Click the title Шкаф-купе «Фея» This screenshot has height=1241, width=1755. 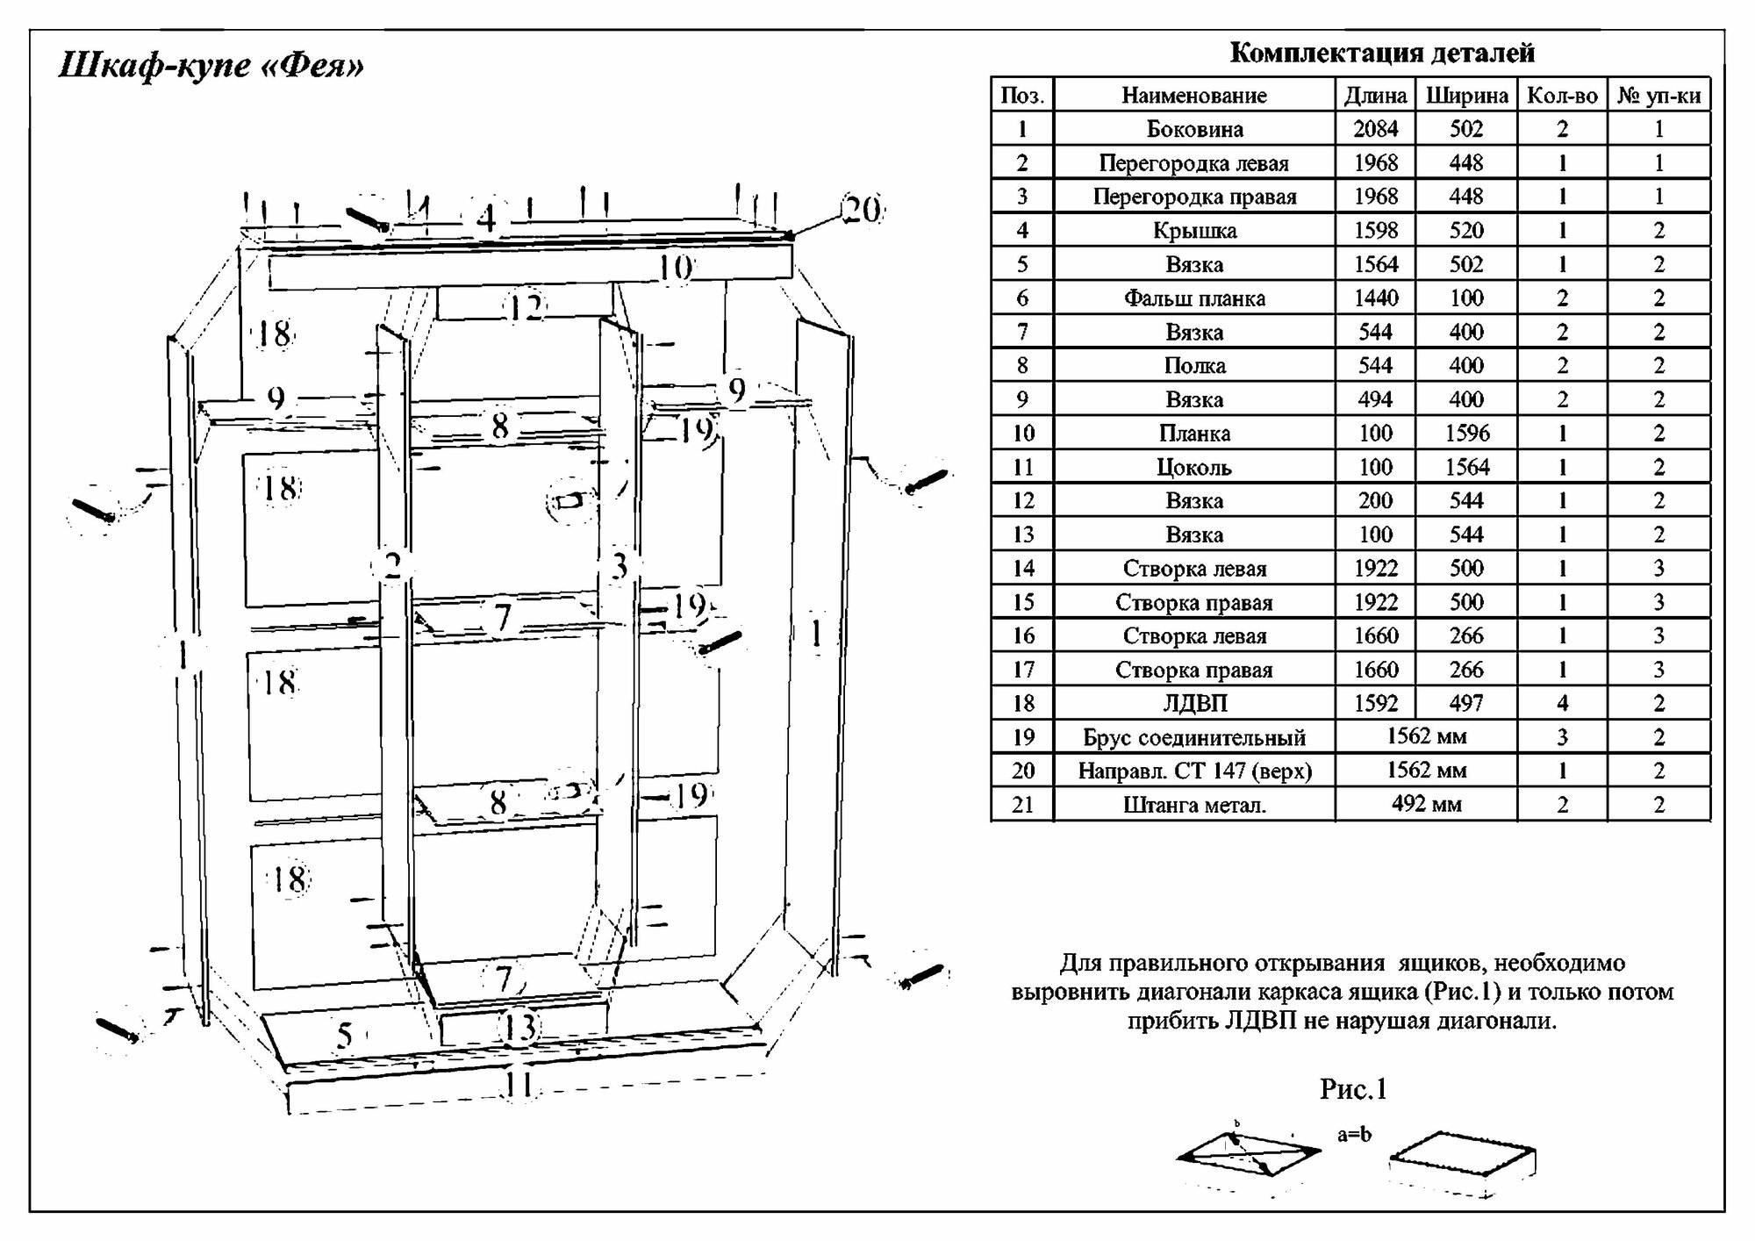pos(211,66)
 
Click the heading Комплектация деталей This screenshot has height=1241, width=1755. pos(1382,54)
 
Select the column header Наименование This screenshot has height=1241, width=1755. pos(1193,96)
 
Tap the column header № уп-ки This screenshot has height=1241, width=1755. pos(1658,96)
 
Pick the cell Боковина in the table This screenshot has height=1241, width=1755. pos(1194,129)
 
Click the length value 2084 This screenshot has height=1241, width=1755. pos(1375,129)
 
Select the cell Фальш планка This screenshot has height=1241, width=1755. pos(1194,298)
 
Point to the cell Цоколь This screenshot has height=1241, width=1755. pos(1194,467)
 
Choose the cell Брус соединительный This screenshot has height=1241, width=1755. pos(1194,737)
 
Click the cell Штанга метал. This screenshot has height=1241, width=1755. pos(1194,805)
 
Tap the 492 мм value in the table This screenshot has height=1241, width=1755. pos(1426,804)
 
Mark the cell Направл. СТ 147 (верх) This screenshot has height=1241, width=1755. pos(1194,771)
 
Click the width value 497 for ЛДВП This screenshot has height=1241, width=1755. pos(1465,703)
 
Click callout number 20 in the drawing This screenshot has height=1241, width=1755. pos(862,210)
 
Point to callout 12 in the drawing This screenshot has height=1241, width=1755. pos(526,308)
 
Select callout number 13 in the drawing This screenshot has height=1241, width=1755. pos(520,1027)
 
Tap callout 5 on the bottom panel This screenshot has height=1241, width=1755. pos(345,1036)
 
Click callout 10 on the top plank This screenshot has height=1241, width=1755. pos(675,267)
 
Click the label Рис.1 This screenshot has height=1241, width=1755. pos(1353,1089)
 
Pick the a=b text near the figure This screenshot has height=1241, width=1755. pos(1354,1134)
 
